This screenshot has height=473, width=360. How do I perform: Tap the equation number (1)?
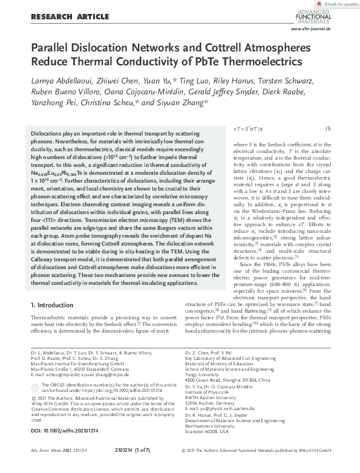[x=327, y=128]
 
